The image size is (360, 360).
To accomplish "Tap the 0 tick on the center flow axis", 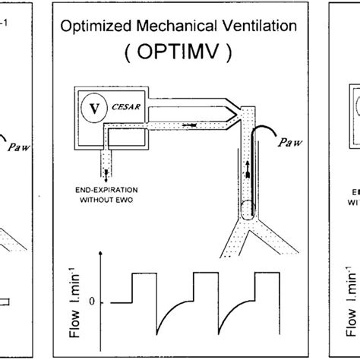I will [93, 302].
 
